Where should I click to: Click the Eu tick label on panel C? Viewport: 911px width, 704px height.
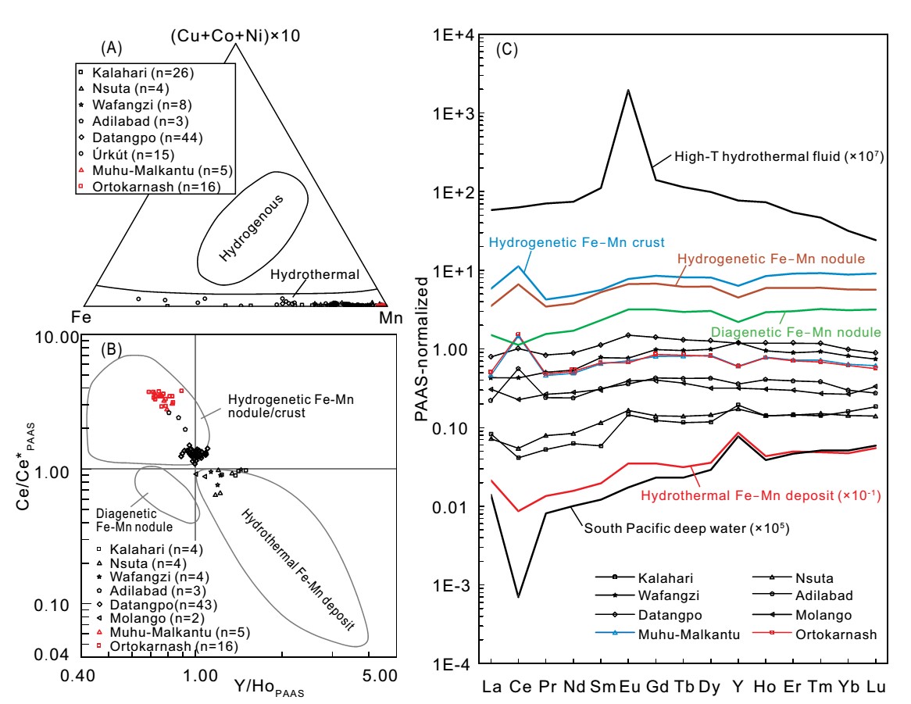(629, 687)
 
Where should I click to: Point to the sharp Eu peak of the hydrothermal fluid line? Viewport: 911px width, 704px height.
(628, 91)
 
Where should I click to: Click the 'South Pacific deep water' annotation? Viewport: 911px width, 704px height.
(685, 529)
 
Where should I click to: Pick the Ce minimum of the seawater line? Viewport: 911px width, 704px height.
(519, 597)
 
